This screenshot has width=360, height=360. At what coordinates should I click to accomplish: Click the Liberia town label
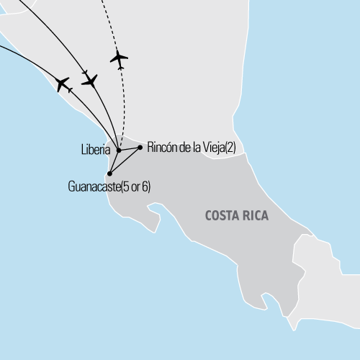point(96,150)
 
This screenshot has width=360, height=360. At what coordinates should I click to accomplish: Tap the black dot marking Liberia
point(118,150)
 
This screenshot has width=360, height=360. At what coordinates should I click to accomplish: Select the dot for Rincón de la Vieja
point(140,147)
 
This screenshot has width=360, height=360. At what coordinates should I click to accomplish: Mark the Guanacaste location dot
point(109,174)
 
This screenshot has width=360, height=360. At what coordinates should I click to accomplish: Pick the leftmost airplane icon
point(63,84)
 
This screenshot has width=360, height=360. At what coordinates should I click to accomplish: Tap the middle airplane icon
point(90,80)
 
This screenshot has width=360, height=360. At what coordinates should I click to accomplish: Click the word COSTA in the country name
point(220,215)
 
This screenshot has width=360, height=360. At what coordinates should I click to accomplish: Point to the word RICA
point(253,215)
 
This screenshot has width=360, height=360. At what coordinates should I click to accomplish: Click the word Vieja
point(211,147)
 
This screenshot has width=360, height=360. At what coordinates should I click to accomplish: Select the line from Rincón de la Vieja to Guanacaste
point(125,160)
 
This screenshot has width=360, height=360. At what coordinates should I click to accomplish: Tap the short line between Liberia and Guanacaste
point(114,162)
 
